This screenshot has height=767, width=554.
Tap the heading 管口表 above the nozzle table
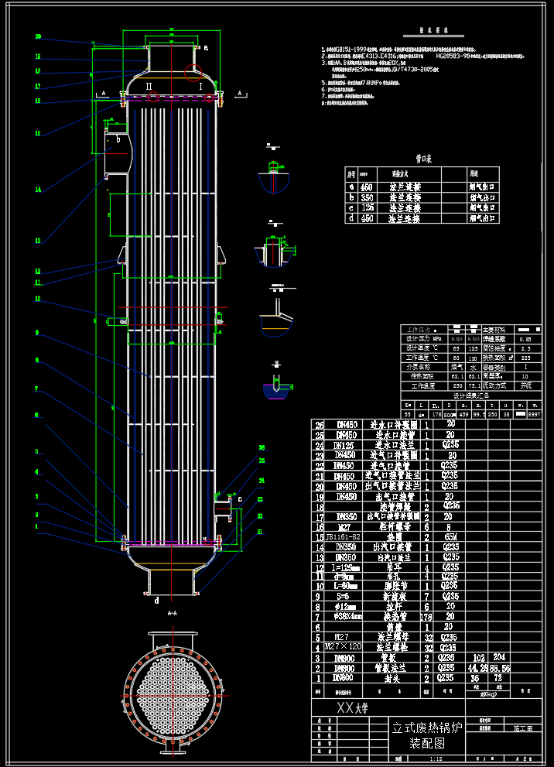coord(423,158)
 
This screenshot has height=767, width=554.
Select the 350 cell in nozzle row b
coord(367,197)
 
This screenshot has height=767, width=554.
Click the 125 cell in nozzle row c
coord(367,208)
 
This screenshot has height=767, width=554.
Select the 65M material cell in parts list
coord(449,536)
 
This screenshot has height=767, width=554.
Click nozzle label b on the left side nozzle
coord(118,140)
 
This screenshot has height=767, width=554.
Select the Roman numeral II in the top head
coord(149,85)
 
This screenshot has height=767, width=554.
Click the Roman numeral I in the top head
coord(200,87)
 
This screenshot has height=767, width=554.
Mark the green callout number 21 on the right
coord(259,532)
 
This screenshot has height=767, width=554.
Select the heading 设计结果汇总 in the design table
coord(471,395)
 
